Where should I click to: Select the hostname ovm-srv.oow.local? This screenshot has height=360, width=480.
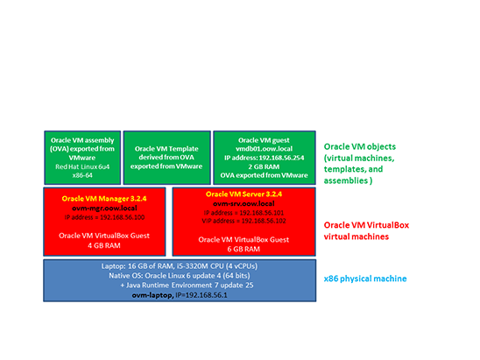click(244, 203)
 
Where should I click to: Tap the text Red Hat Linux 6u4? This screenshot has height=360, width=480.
click(81, 165)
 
